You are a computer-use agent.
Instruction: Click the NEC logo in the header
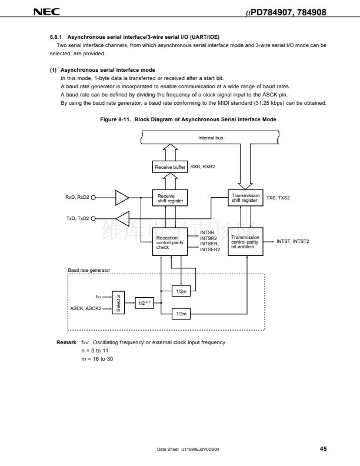pyautogui.click(x=46, y=12)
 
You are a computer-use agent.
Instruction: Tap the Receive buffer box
pyautogui.click(x=170, y=167)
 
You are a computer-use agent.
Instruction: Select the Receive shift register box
pyautogui.click(x=170, y=198)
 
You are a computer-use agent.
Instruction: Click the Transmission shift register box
pyautogui.click(x=245, y=198)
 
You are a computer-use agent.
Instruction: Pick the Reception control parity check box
pyautogui.click(x=170, y=242)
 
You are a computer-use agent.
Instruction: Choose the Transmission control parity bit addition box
pyautogui.click(x=245, y=242)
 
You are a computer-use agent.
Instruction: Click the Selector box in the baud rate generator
pyautogui.click(x=118, y=302)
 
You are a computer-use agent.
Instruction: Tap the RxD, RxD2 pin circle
pyautogui.click(x=94, y=198)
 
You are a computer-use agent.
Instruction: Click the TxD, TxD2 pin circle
pyautogui.click(x=94, y=219)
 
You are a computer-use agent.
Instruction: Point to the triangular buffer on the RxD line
pyautogui.click(x=122, y=198)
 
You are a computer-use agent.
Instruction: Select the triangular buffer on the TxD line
pyautogui.click(x=123, y=219)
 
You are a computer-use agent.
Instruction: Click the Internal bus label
pyautogui.click(x=211, y=138)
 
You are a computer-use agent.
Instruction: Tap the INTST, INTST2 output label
pyautogui.click(x=292, y=241)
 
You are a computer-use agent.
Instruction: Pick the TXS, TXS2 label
pyautogui.click(x=278, y=198)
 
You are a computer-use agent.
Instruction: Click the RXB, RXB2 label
pyautogui.click(x=202, y=167)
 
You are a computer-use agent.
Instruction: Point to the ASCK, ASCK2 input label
pyautogui.click(x=86, y=308)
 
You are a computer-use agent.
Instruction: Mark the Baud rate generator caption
pyautogui.click(x=89, y=270)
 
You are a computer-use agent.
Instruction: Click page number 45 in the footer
pyautogui.click(x=324, y=449)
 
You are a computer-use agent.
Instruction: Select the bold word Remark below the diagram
pyautogui.click(x=66, y=342)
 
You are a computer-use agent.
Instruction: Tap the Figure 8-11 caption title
pyautogui.click(x=188, y=119)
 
